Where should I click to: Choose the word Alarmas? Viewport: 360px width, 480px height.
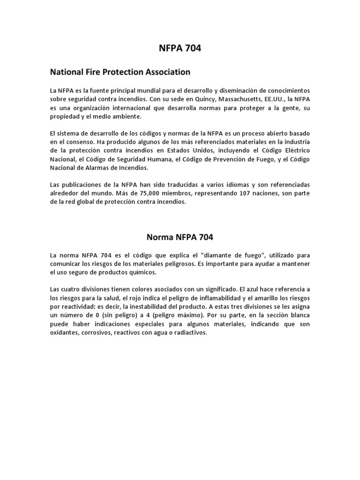[95, 168]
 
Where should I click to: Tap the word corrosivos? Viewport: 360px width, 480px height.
[101, 333]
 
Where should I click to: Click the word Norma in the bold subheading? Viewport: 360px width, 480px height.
[159, 237]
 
